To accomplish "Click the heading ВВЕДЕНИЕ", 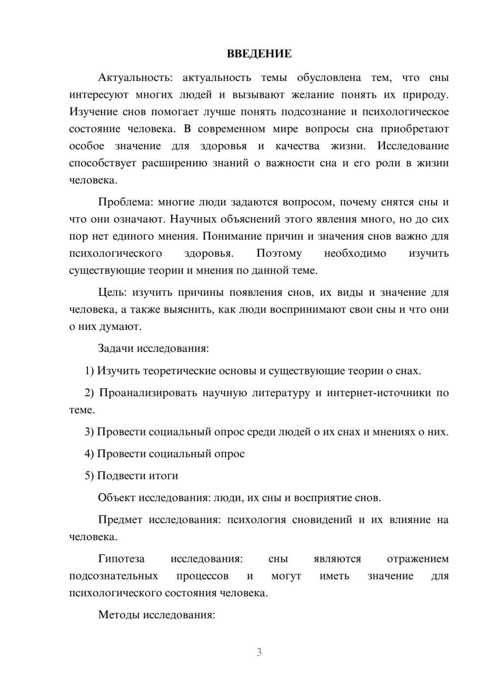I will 259,54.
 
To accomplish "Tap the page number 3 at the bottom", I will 259,652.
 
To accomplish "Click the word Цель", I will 112,292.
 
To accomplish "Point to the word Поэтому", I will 279,253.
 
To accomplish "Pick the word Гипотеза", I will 121,559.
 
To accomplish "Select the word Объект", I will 117,498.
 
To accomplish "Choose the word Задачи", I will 116,348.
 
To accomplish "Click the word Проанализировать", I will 148,392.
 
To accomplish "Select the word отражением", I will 418,559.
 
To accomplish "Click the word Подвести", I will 120,476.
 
